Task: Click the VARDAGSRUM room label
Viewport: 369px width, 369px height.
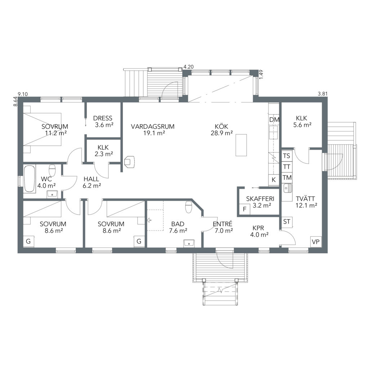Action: [x=153, y=126]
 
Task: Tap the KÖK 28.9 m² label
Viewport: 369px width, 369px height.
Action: [x=222, y=130]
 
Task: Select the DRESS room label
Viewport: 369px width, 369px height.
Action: [x=103, y=118]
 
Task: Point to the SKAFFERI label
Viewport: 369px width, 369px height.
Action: [x=260, y=199]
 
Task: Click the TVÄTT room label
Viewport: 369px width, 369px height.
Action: [x=305, y=199]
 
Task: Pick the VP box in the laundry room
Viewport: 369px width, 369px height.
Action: [x=316, y=242]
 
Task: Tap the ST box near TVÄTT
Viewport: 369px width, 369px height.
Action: [x=286, y=222]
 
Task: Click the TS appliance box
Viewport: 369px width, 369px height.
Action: [x=287, y=156]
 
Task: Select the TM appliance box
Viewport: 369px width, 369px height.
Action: [x=287, y=177]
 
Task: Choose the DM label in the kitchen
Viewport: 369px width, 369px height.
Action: [x=274, y=120]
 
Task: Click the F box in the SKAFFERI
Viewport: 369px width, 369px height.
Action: [x=245, y=209]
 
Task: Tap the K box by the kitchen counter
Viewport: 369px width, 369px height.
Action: [x=274, y=180]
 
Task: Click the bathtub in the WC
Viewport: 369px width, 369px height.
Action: [x=30, y=179]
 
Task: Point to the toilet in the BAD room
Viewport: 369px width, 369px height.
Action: [x=189, y=207]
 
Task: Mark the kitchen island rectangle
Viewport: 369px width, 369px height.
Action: [x=241, y=145]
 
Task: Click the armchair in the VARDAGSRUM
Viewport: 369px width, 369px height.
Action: [x=130, y=162]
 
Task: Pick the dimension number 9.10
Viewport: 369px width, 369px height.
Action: [x=23, y=94]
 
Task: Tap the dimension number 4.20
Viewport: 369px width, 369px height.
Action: [x=188, y=67]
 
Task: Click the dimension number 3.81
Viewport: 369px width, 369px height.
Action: [x=323, y=94]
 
